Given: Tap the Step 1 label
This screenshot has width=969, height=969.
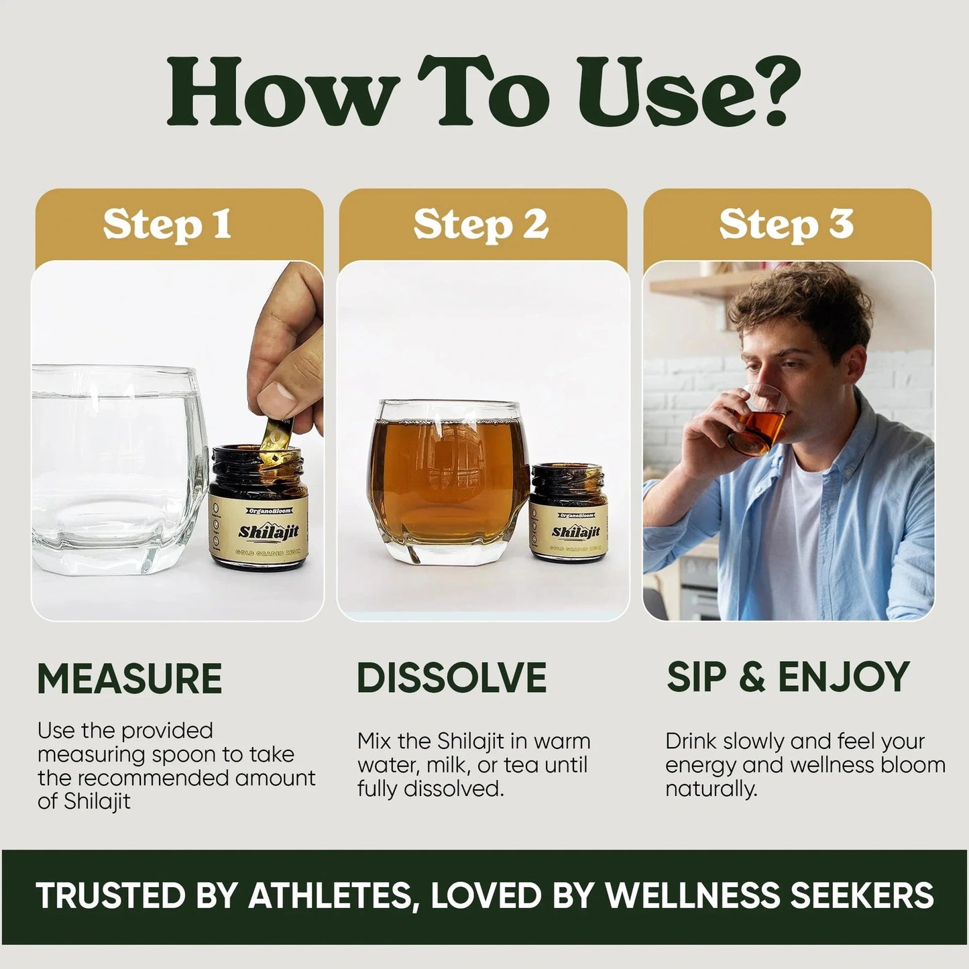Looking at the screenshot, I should (167, 225).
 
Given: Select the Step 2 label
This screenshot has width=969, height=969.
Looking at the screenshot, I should (481, 225).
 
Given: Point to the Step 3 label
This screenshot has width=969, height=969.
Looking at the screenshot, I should (786, 225).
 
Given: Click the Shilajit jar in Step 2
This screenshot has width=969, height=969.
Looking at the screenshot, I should (569, 513).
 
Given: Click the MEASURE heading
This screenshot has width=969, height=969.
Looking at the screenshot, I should (129, 679).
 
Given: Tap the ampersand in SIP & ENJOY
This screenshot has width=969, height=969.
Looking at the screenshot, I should (752, 677).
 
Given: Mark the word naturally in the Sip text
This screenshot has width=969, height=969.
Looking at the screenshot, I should (711, 789).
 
